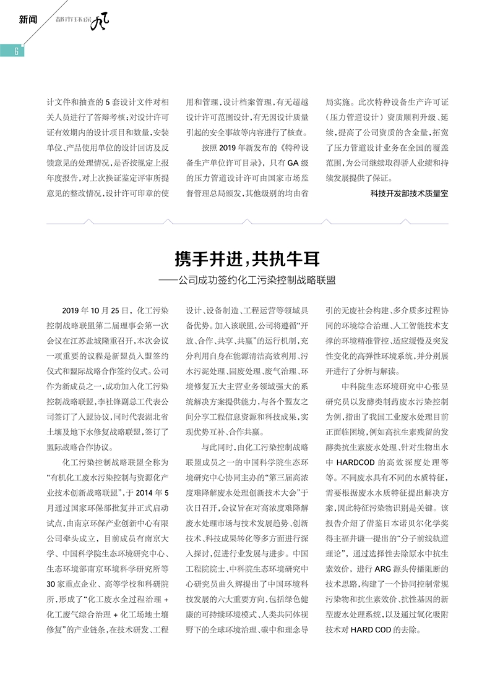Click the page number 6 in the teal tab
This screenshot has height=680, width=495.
[x=15, y=51]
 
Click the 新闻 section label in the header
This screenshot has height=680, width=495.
[x=28, y=19]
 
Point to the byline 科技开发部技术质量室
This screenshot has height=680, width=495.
[x=409, y=193]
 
